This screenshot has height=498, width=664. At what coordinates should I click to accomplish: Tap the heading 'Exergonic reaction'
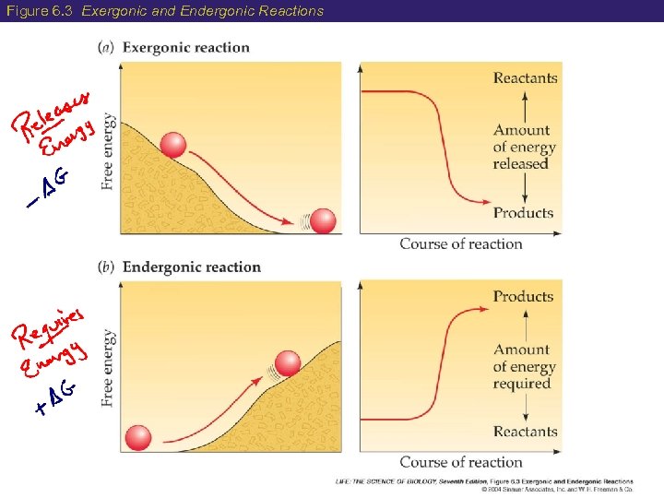tap(185, 48)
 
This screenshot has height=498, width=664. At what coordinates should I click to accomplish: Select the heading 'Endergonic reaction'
tap(191, 267)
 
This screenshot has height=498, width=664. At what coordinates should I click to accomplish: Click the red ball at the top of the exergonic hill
tap(172, 145)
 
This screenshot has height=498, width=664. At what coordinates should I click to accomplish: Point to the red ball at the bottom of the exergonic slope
tap(323, 222)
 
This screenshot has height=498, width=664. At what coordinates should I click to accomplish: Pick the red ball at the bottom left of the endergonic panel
tap(138, 438)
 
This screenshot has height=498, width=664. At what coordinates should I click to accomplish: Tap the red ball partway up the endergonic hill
tap(289, 364)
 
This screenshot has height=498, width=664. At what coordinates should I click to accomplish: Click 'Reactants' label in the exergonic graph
tap(525, 78)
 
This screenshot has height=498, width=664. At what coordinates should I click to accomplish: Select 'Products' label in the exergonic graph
tap(523, 213)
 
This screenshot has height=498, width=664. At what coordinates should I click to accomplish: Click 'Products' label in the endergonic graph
tap(523, 297)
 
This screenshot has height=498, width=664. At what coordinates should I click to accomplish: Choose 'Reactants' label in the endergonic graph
tap(525, 432)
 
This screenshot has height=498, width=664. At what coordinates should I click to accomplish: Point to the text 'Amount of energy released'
tap(524, 148)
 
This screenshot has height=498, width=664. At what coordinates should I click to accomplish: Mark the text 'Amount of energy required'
tap(524, 366)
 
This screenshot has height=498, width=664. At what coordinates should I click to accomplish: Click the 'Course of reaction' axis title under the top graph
tap(461, 244)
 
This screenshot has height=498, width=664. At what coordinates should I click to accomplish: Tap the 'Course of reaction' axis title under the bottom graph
tap(461, 462)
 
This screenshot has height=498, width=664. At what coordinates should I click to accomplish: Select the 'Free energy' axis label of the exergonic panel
tap(108, 151)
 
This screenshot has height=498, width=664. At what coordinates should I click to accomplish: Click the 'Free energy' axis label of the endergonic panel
tap(108, 367)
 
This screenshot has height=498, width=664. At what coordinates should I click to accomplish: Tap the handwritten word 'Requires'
tap(50, 326)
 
